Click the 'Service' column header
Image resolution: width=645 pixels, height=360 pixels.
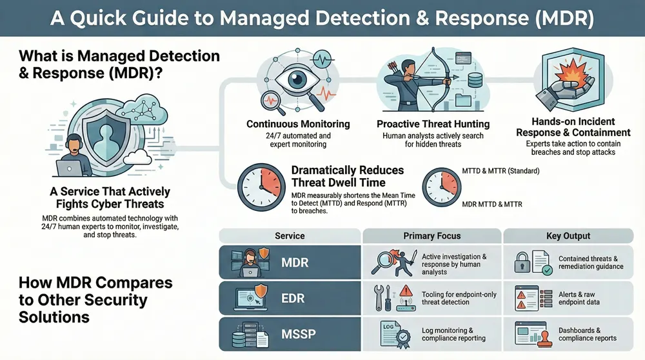tap(290, 236)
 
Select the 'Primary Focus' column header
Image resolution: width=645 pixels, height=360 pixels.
tap(432, 236)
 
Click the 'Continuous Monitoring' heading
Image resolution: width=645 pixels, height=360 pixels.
tap(298, 124)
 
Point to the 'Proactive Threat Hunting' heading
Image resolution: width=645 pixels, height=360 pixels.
tap(433, 124)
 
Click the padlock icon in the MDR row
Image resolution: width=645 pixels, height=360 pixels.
tap(523, 262)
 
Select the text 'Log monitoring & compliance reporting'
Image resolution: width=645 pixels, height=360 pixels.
tap(453, 334)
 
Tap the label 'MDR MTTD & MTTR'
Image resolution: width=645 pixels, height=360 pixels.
tap(491, 205)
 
